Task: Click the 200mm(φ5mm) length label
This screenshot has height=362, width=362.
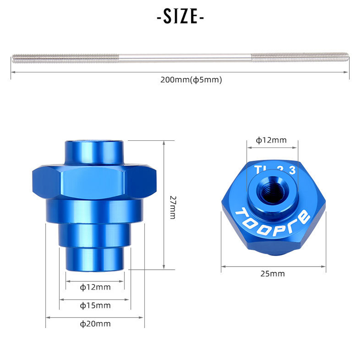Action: pos(191,80)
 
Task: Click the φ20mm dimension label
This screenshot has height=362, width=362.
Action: pos(95,324)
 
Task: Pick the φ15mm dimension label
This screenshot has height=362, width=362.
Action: pos(95,305)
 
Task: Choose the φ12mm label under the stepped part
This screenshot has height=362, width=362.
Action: pos(95,286)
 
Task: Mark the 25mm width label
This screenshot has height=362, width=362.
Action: pos(273,273)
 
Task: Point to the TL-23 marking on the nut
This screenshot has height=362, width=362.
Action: pos(275,170)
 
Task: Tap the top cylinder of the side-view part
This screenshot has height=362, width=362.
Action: pos(94,152)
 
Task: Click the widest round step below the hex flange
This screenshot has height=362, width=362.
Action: pos(94,210)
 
